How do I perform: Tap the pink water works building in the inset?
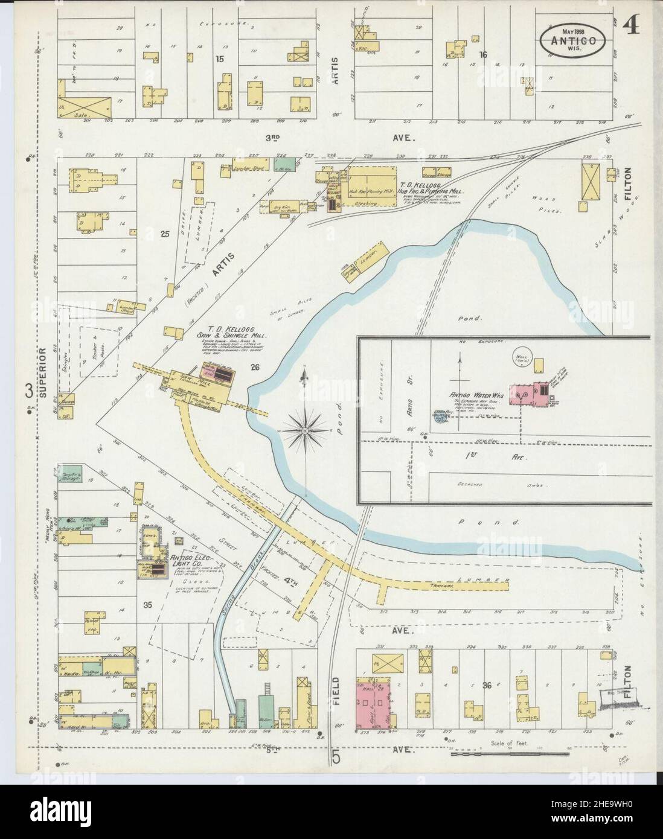[x=525, y=393]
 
